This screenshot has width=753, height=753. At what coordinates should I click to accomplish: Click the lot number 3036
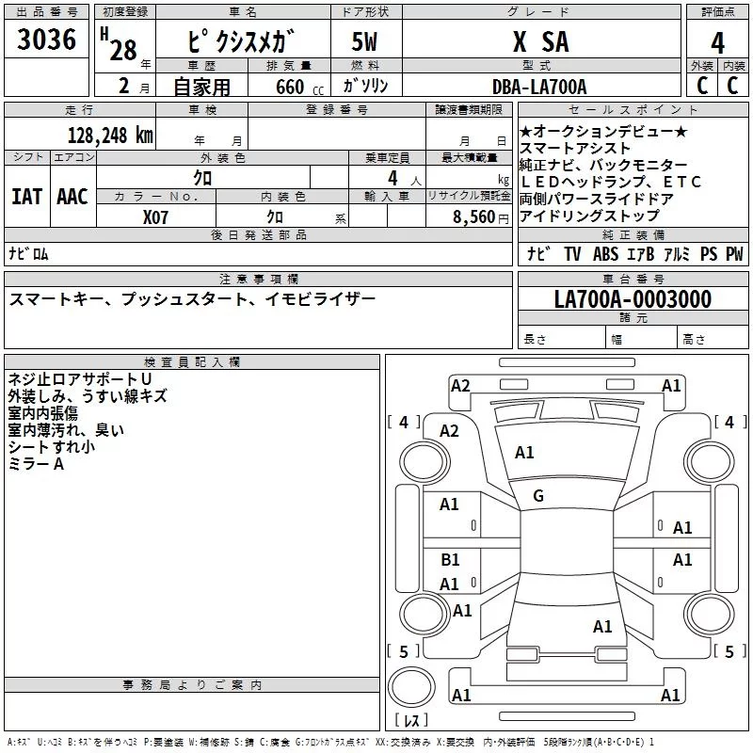tap(46, 39)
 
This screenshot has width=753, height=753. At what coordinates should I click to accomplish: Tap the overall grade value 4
tap(717, 43)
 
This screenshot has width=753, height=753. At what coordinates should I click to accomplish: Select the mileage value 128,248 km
tap(110, 136)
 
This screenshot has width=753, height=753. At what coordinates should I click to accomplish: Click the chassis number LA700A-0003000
tap(633, 299)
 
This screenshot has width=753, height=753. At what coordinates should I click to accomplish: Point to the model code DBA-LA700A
tap(539, 87)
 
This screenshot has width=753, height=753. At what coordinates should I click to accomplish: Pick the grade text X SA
tap(541, 41)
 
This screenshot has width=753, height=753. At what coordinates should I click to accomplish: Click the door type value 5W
tap(364, 41)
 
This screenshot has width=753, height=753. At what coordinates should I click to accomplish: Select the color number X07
tap(155, 217)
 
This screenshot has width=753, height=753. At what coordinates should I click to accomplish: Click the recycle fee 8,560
tap(473, 217)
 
